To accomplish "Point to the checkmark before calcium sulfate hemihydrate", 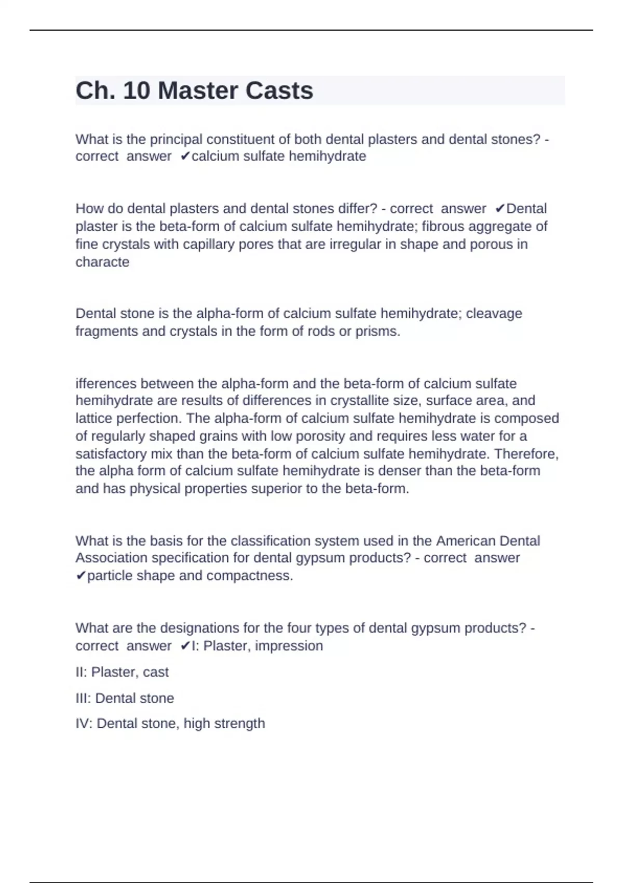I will (185, 156).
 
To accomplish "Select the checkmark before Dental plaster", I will (500, 209).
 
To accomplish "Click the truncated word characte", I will (102, 262).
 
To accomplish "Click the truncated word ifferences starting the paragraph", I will (106, 384).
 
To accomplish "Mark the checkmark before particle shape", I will (81, 576).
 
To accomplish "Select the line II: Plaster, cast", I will (122, 672).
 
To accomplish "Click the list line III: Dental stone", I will (125, 698).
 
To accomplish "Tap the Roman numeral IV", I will (83, 724).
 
